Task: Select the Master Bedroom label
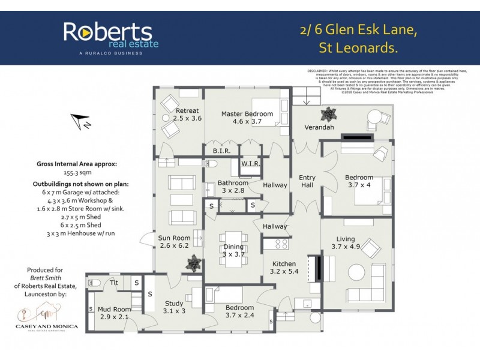tap(247, 118)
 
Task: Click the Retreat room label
tap(187, 115)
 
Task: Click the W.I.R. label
tap(250, 164)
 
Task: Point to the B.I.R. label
tap(223, 151)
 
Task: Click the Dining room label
tap(233, 250)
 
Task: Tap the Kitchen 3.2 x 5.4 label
tap(284, 268)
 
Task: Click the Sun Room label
tap(174, 242)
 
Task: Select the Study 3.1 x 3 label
tap(174, 307)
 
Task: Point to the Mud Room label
tap(114, 313)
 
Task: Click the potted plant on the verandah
tap(329, 113)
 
